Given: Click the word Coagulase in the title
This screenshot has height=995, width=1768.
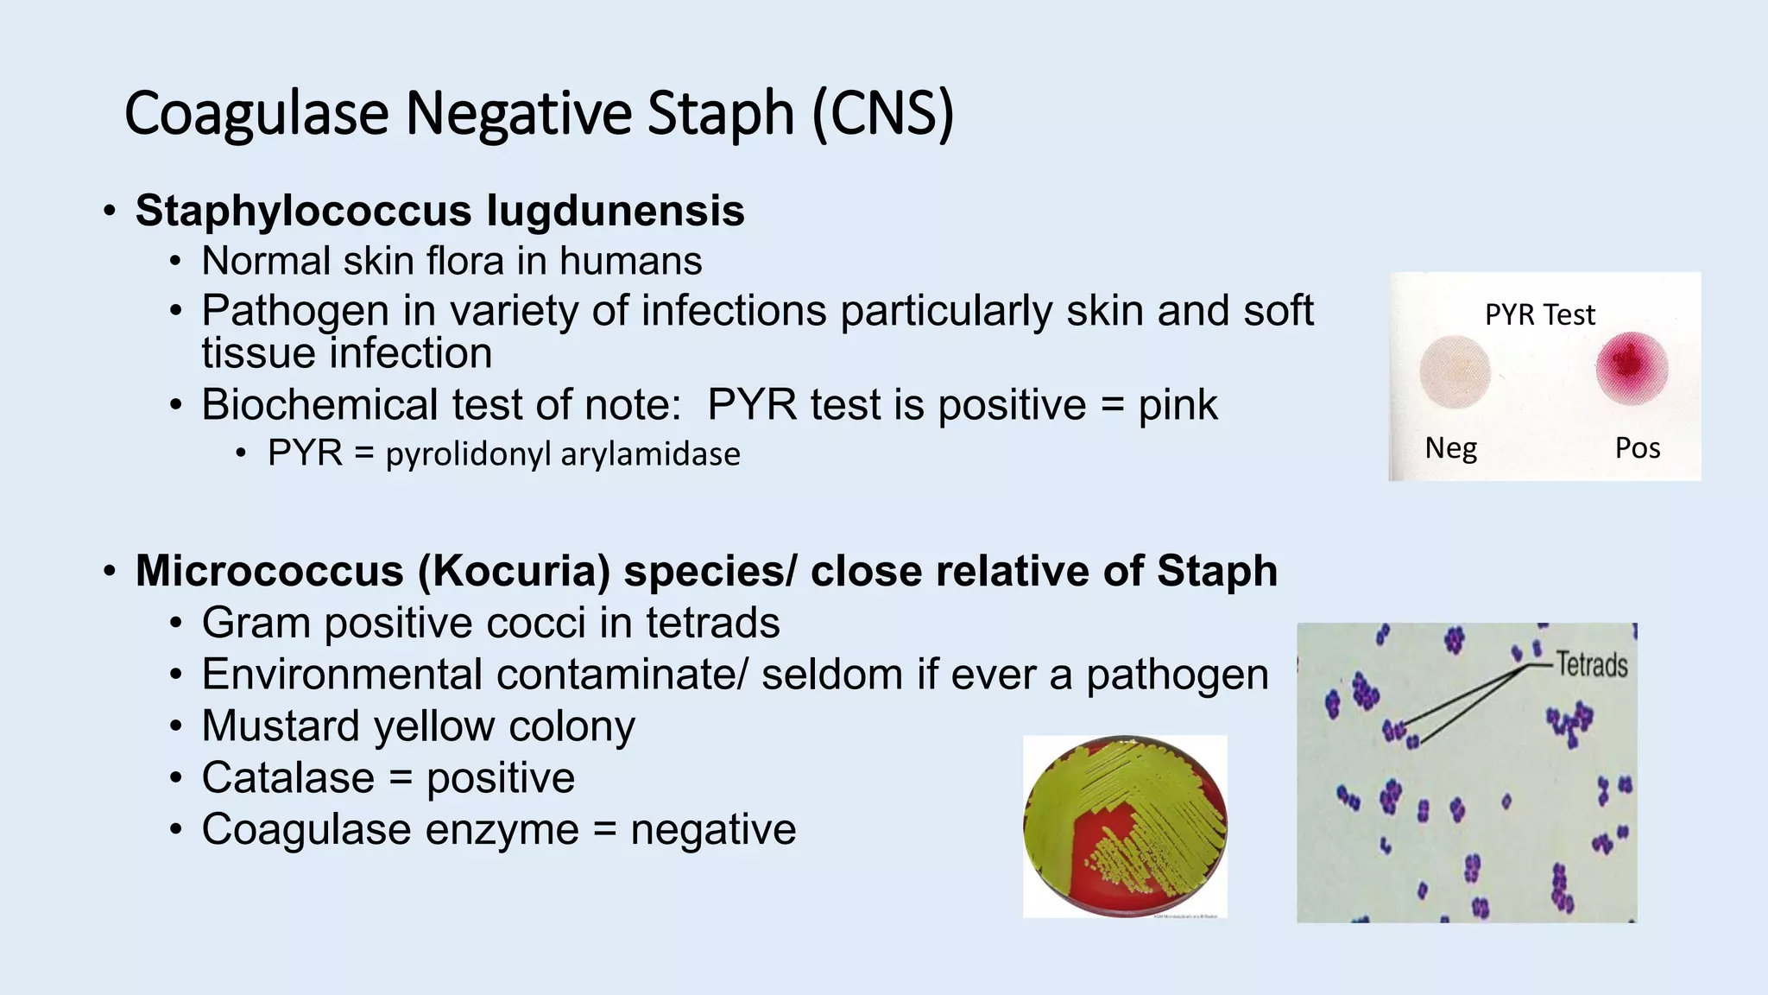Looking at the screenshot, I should tap(256, 114).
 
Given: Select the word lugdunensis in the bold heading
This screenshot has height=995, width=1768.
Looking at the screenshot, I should tap(615, 211).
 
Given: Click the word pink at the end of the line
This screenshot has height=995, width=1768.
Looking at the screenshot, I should tap(1178, 405).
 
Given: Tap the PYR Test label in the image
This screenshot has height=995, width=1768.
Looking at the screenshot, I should tap(1539, 314).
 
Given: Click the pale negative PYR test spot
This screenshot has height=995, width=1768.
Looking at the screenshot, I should tap(1455, 371).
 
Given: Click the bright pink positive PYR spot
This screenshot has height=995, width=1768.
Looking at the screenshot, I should tap(1631, 367).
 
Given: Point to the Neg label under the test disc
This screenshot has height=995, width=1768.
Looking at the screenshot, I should tap(1450, 447).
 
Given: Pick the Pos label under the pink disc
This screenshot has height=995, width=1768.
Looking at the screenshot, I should tap(1637, 447).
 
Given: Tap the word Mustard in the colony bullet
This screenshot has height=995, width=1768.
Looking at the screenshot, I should tap(280, 726).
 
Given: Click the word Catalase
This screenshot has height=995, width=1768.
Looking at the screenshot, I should tap(287, 777).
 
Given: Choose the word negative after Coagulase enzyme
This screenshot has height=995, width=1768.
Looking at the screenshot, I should tap(713, 829).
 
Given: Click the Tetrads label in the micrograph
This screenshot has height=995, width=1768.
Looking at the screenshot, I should tap(1591, 664).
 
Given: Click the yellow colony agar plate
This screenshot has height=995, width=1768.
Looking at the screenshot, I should tap(1124, 827).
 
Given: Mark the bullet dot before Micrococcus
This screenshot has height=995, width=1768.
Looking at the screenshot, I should tap(109, 572).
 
